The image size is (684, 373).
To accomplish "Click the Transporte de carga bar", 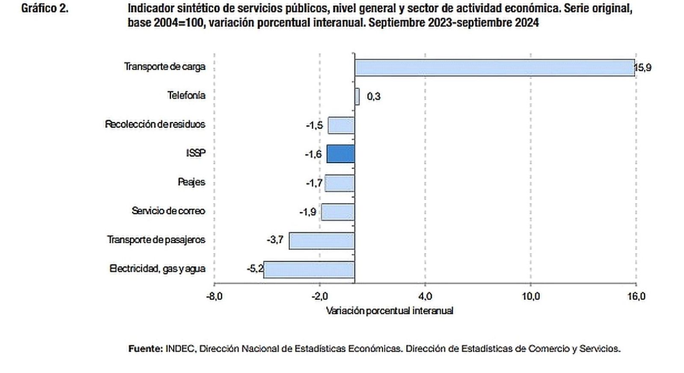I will point(495,68).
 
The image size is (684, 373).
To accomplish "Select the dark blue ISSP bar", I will point(341,154).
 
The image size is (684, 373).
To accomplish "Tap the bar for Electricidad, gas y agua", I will point(309,269).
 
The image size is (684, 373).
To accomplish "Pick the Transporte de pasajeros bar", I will point(322,240).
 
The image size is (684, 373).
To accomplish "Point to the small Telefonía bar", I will point(357,96).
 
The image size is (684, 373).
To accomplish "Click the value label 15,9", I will point(643,68).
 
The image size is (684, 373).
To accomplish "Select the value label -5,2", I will point(255,269).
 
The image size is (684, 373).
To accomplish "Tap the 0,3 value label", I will point(374,97).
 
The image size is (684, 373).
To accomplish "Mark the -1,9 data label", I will point(308,212).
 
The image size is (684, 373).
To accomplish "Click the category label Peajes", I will point(192,182).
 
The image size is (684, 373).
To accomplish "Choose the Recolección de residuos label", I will point(155,124).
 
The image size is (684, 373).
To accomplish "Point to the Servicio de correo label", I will point(168,211).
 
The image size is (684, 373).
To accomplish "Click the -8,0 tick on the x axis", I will point(214,296).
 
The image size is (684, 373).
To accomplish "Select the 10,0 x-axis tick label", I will point(531,296).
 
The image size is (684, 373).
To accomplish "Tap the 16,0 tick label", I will point(636,296).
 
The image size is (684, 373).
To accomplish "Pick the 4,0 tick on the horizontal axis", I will point(425,296).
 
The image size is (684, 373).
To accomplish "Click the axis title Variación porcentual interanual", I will point(389,311).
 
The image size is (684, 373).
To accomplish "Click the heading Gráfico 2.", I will point(44,8).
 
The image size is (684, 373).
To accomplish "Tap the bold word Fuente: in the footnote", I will point(145,349).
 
